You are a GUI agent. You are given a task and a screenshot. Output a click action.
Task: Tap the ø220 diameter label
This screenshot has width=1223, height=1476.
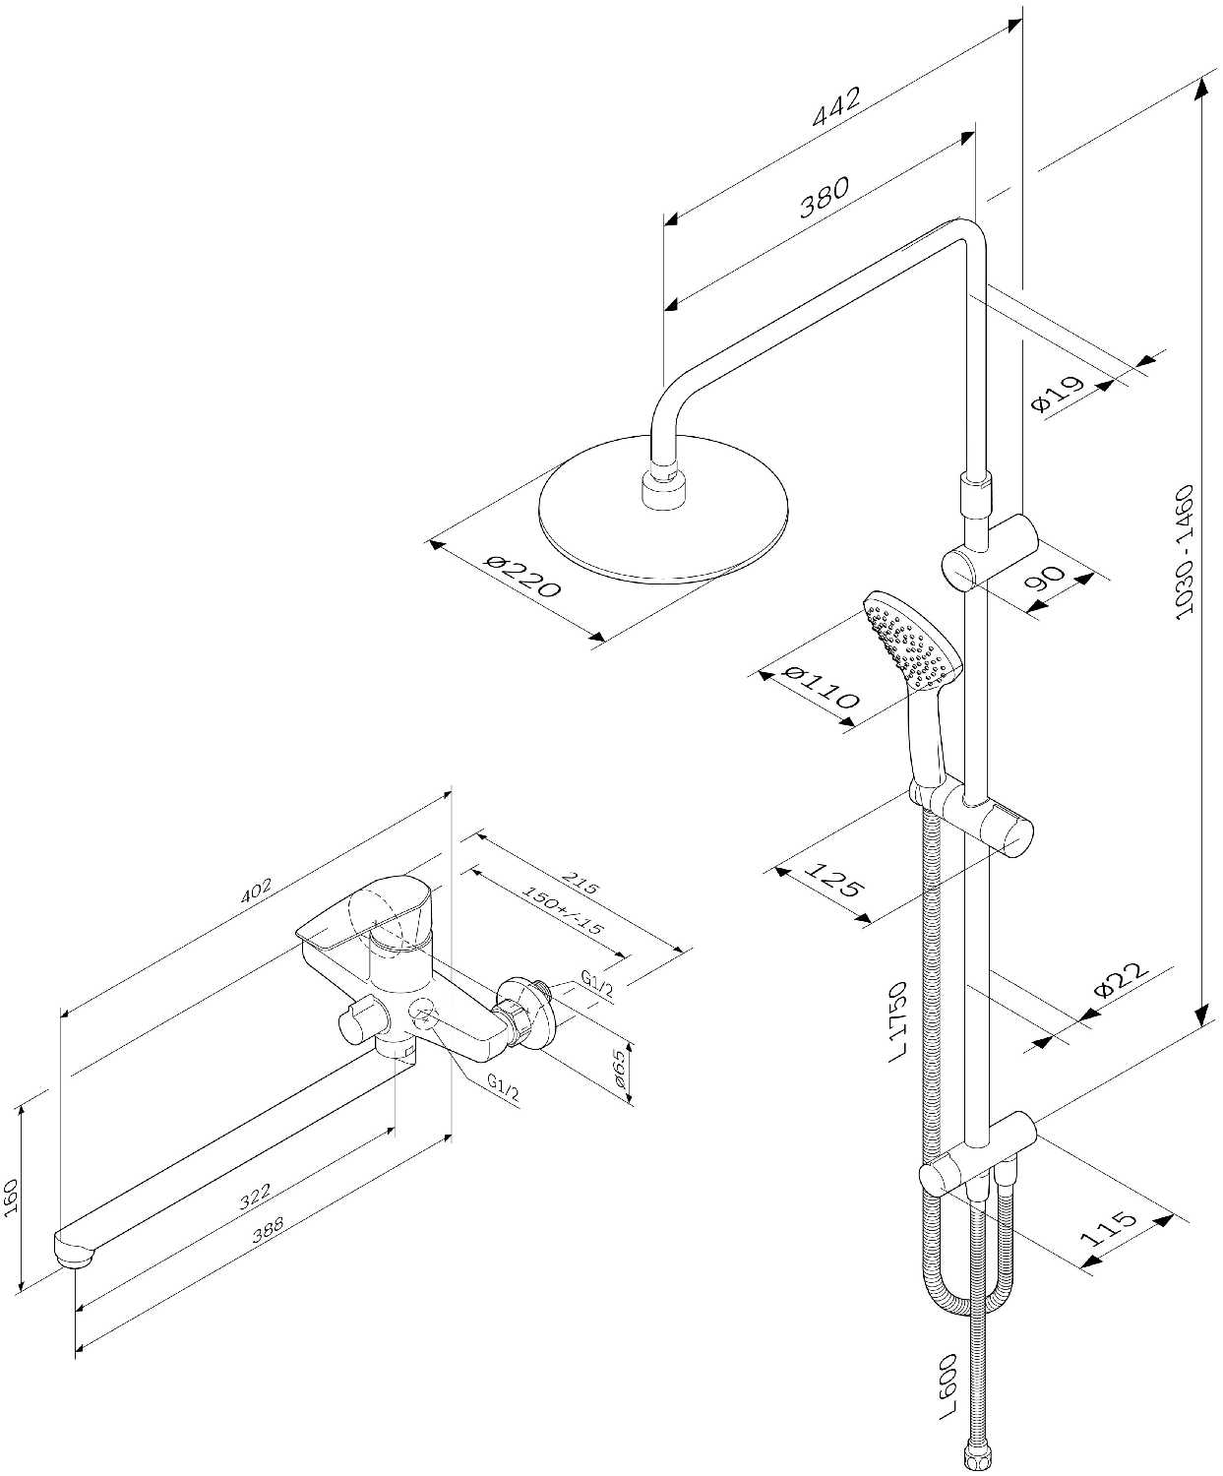coord(522,576)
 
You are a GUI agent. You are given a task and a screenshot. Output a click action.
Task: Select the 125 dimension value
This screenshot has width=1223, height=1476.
coord(833,878)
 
